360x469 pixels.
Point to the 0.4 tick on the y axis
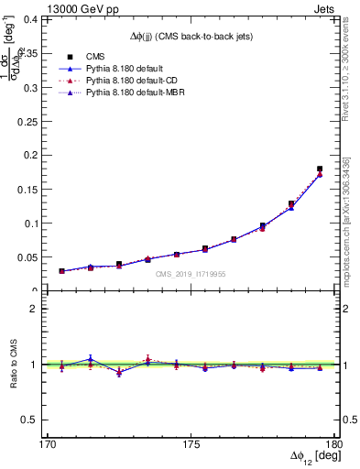pyautogui.click(x=37, y=18)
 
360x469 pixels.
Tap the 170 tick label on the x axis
pyautogui.click(x=48, y=445)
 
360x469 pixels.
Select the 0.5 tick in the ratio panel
pyautogui.click(x=37, y=420)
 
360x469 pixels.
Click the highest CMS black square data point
pyautogui.click(x=319, y=169)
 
